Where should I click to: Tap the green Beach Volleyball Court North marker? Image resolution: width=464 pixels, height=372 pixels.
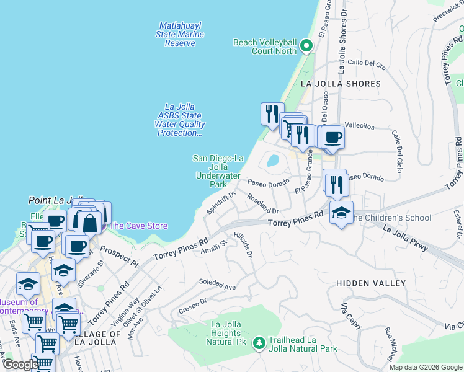305,46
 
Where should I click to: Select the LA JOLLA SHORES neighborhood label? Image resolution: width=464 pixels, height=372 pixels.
340,84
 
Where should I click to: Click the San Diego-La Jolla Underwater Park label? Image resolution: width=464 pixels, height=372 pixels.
218,171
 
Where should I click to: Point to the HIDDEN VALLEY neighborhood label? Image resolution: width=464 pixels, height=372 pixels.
371,283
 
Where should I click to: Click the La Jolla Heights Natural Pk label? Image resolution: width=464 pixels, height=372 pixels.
233,333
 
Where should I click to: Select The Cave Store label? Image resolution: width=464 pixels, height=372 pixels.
138,226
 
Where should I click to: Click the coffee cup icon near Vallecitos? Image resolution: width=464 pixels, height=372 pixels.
333,137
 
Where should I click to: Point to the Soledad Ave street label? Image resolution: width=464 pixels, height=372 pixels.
217,285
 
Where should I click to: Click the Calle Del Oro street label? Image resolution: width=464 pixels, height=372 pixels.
367,63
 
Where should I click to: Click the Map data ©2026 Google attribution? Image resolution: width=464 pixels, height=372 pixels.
426,367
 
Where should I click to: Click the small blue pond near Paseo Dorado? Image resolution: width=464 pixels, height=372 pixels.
272,161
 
